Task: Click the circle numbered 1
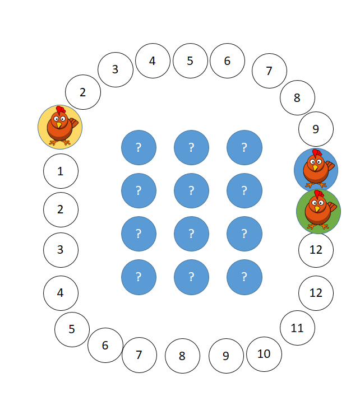pos(61,171)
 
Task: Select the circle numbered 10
pos(264,354)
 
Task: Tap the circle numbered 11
pos(298,328)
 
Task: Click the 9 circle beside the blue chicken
pos(316,129)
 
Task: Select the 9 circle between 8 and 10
pos(226,356)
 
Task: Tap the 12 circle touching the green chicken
pos(316,250)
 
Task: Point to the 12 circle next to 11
pos(316,293)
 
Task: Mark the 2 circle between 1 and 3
pos(61,209)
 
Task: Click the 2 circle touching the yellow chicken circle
pos(83,92)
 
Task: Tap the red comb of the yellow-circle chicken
pos(61,110)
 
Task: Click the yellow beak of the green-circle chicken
pos(317,209)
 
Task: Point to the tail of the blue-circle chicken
pos(330,165)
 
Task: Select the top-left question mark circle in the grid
pos(139,147)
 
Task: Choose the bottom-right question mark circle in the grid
pos(244,277)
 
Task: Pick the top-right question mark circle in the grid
pos(244,147)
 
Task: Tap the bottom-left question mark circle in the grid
pos(139,277)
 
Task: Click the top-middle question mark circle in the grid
pos(192,147)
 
